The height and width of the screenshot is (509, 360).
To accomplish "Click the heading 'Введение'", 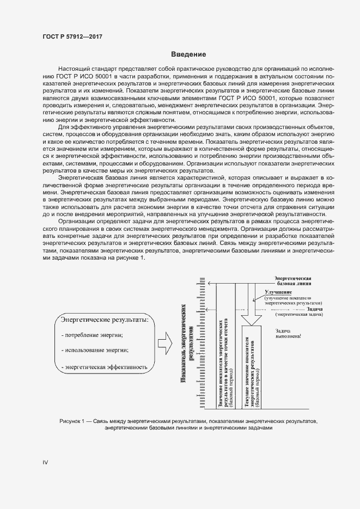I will pos(188,54).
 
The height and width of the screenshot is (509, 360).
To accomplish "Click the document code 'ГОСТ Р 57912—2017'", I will pos(72,36).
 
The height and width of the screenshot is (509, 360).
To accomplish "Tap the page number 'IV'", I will pos(46,462).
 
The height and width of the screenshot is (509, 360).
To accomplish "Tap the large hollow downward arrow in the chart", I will pos(253,305).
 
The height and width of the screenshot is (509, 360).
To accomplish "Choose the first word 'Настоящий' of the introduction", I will pos(74,71).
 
